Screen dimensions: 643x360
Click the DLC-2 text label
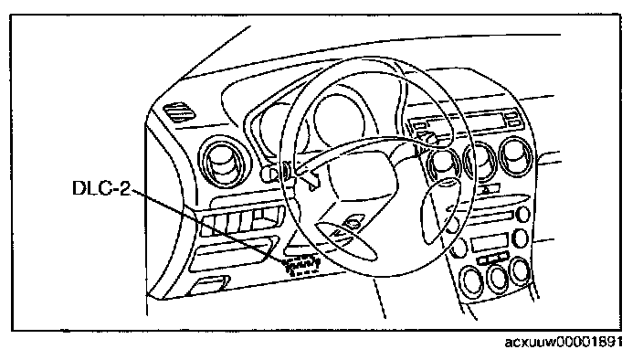tap(100, 188)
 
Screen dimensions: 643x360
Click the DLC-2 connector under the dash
tap(302, 264)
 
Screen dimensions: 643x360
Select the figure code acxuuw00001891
tap(564, 341)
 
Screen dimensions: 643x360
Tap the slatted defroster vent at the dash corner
tap(179, 112)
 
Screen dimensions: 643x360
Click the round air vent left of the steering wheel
tap(225, 162)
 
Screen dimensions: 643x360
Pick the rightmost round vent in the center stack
tap(515, 157)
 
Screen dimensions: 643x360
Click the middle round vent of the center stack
tap(480, 161)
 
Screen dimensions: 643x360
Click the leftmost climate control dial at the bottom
tap(472, 281)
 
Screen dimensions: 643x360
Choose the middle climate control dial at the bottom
tap(498, 278)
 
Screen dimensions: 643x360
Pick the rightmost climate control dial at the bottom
tap(521, 270)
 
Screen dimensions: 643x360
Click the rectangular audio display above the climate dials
tap(490, 242)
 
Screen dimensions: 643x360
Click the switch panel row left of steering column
tap(242, 222)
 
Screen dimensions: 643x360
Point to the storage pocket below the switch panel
tap(232, 254)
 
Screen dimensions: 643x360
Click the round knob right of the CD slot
tap(523, 214)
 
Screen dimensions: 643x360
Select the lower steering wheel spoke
tap(346, 240)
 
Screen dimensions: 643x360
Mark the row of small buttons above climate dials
tap(493, 259)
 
